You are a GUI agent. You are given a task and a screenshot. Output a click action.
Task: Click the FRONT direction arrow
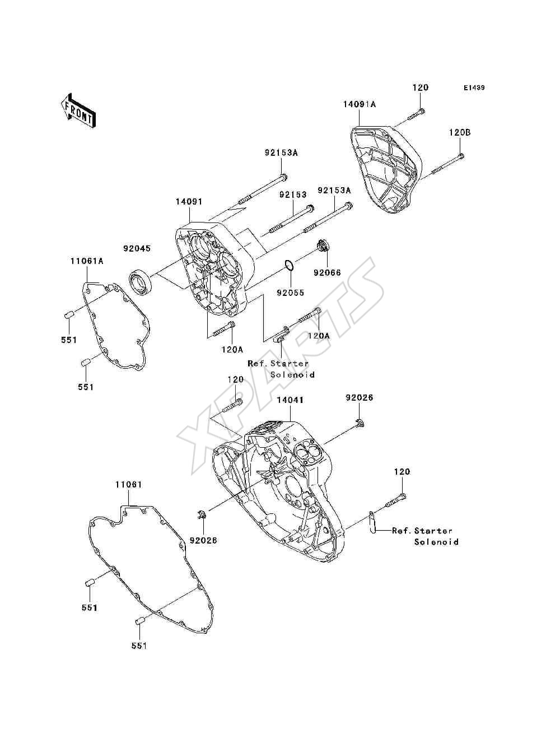78,110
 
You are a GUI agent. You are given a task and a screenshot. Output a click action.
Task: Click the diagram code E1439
474,88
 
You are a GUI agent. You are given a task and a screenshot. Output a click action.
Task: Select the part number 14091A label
360,105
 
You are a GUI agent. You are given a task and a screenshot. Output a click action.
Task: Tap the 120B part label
460,133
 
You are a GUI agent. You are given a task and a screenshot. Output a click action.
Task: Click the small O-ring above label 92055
289,265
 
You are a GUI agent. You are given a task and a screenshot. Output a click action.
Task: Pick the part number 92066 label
328,273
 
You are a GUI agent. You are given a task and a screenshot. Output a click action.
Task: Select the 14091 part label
189,202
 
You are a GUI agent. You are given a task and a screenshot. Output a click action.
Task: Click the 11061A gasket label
87,261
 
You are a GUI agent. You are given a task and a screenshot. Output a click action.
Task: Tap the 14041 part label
290,400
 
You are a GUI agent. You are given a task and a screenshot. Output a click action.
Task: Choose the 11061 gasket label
129,485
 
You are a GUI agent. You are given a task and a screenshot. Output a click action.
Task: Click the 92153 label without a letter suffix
293,194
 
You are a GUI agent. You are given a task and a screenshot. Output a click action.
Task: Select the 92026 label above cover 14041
360,398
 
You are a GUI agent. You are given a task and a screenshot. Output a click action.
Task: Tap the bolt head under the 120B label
461,156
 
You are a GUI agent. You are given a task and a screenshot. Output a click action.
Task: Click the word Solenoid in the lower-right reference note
436,542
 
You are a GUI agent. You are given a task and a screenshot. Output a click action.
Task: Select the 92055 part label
290,293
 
